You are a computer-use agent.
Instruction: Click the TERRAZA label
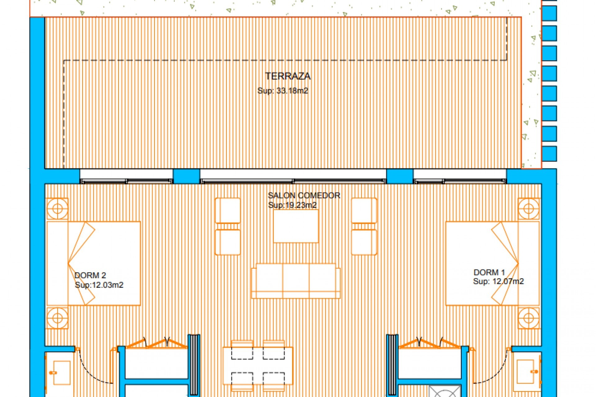pos(287,76)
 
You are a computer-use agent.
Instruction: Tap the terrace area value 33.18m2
pos(282,91)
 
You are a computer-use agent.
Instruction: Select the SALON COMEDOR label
pos(304,195)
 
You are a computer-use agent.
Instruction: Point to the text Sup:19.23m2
pos(292,205)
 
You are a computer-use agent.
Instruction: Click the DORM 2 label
pos(90,275)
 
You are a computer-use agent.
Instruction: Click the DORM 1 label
pos(489,272)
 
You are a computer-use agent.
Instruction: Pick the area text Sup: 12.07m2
pos(498,281)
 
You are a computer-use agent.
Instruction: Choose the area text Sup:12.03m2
pos(99,285)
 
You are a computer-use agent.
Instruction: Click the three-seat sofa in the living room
pos(296,281)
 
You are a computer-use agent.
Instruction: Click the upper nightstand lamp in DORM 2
pos(57,209)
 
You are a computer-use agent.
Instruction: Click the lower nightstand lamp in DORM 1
pos(528,318)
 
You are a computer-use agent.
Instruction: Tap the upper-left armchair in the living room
pos(228,210)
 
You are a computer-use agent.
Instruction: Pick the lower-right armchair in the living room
pos(364,242)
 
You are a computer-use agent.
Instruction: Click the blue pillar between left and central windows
pos(186,176)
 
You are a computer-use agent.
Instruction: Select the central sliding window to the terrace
pos(293,181)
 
